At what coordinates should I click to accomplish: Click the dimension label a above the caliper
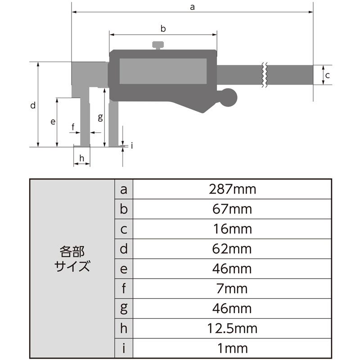click(x=193, y=7)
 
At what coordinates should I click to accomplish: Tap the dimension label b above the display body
click(x=163, y=29)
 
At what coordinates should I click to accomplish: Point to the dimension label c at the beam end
click(x=328, y=75)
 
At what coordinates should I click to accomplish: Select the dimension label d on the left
click(x=32, y=106)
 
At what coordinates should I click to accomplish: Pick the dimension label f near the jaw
click(x=73, y=127)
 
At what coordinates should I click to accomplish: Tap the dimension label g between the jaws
click(x=100, y=117)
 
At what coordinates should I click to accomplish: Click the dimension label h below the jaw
click(x=81, y=158)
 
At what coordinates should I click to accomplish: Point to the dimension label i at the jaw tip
click(x=131, y=145)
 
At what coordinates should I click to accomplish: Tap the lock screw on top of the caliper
click(x=158, y=45)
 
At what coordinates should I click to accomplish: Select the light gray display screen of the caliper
click(x=163, y=71)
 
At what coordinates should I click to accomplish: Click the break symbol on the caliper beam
click(x=265, y=74)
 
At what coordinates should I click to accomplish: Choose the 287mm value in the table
click(x=233, y=189)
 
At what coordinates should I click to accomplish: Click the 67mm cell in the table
click(x=233, y=209)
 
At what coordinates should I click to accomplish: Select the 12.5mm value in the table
click(x=233, y=328)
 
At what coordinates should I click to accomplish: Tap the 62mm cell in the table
click(x=233, y=248)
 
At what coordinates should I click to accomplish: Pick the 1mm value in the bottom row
click(x=233, y=348)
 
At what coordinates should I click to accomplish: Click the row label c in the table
click(x=124, y=229)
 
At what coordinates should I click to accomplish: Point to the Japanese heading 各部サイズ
click(x=72, y=258)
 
